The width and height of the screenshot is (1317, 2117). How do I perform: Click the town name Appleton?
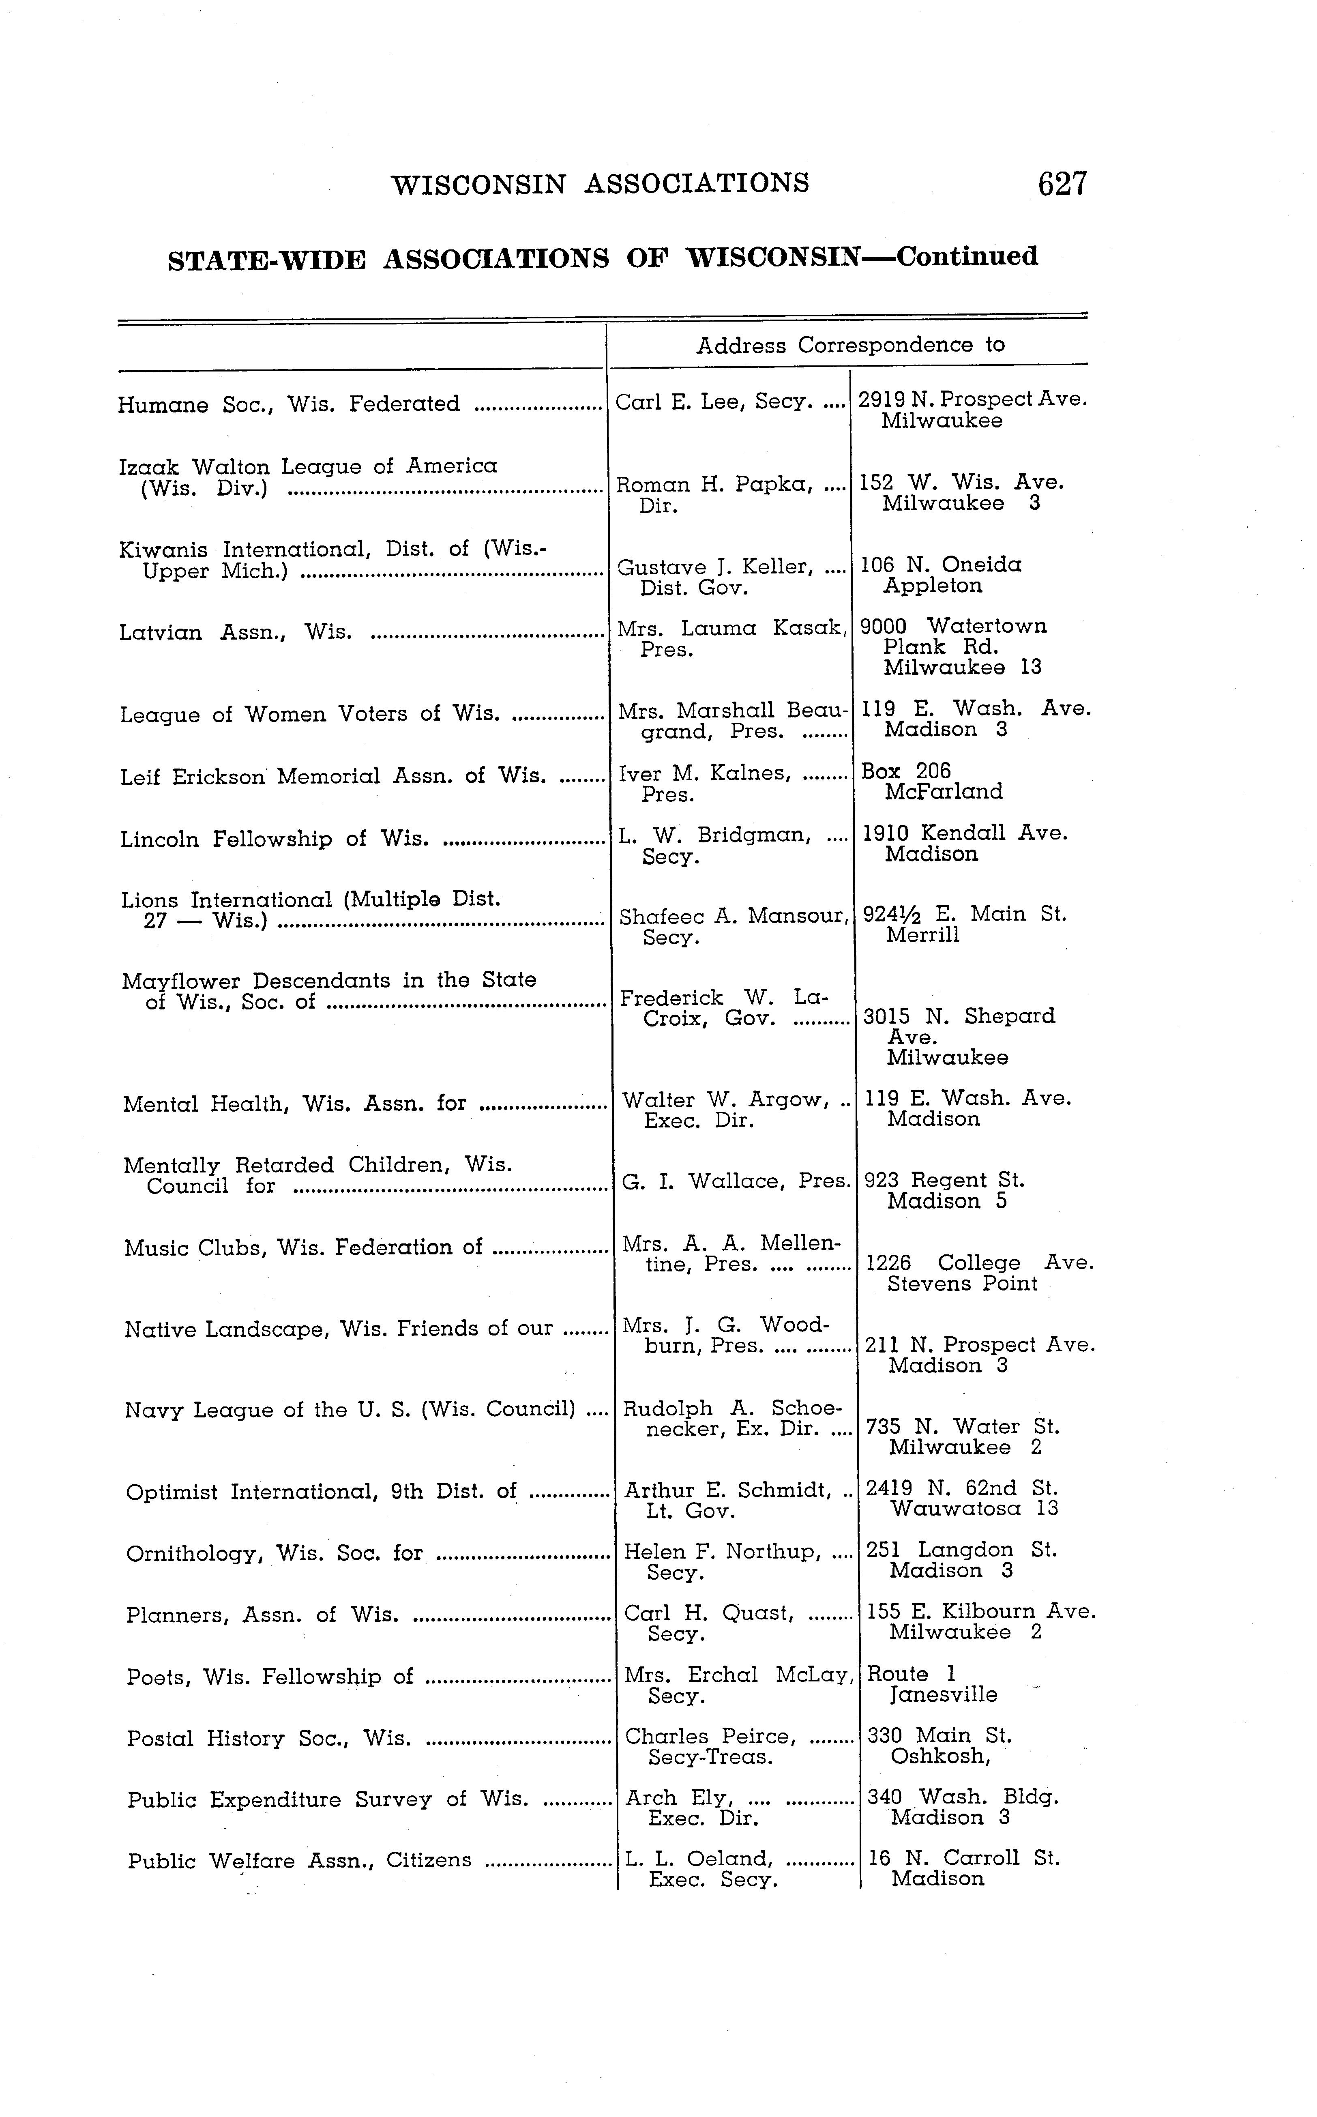coord(933,586)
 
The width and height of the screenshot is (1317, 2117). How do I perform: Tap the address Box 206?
coord(906,771)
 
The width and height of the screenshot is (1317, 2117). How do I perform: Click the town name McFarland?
coord(943,792)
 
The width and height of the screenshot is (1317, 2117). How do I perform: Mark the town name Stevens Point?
coord(963,1284)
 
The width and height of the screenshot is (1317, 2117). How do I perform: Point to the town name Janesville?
coord(943,1694)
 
